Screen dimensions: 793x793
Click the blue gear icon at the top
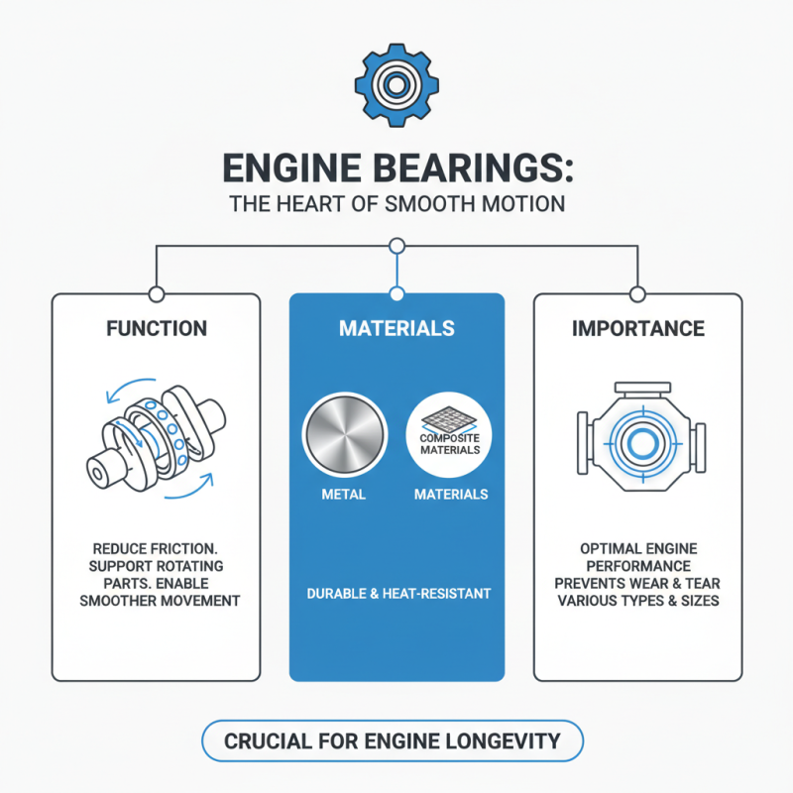396,84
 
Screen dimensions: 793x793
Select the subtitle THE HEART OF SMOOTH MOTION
396,205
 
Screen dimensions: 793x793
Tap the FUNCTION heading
157,328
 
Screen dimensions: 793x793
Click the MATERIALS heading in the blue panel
396,328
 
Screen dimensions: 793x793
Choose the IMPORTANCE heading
637,328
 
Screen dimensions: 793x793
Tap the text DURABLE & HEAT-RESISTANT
396,594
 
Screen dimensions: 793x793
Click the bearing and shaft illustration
157,436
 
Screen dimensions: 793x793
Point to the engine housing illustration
637,436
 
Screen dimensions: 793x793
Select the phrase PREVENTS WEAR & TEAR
637,583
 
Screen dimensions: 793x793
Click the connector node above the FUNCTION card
156,293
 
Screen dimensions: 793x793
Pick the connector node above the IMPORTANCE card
637,293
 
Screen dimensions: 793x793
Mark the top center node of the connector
396,245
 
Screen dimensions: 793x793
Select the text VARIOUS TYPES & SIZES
637,601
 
